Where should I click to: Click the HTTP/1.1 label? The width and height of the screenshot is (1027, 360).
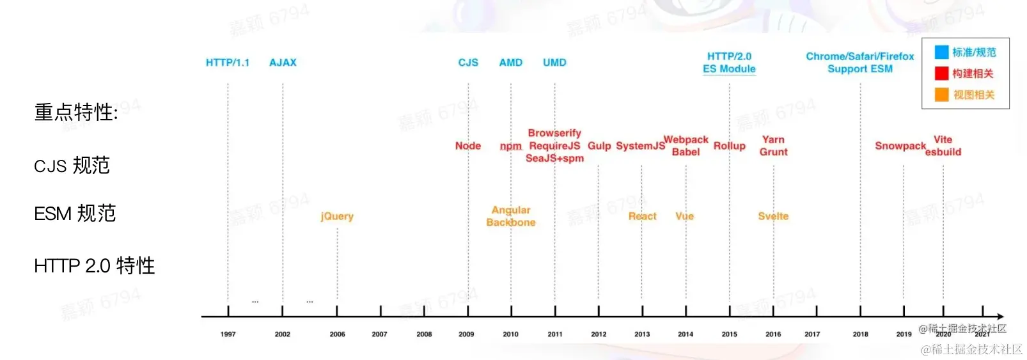pos(228,63)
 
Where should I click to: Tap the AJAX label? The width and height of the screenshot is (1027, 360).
pos(283,63)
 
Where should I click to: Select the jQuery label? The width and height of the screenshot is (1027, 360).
pos(337,216)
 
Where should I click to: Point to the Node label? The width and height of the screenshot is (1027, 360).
pos(468,146)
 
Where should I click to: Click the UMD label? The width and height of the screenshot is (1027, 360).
pos(554,63)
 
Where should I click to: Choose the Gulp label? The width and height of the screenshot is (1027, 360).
pos(599,146)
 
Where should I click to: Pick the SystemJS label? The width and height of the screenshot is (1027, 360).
pos(640,146)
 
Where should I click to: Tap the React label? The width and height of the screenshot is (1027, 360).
pos(642,216)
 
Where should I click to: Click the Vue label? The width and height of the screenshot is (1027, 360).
pos(684,216)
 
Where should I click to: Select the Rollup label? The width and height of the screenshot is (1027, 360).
pos(730,146)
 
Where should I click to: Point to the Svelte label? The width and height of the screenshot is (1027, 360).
pos(773,216)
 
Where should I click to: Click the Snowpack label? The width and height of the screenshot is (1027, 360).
pos(900,146)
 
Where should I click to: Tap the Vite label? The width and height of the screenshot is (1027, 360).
pos(943,139)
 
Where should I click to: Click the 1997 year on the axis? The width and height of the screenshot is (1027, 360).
pos(228,334)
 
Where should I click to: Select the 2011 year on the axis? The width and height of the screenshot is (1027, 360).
pos(555,334)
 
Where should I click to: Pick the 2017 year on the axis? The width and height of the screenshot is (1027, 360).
pos(812,334)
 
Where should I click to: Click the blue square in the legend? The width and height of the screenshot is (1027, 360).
pos(941,52)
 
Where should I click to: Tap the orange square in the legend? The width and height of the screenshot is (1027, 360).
pos(941,95)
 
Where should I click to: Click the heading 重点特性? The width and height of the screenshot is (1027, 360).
pos(76,113)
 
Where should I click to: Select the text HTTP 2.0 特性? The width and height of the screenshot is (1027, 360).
pos(95,265)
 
